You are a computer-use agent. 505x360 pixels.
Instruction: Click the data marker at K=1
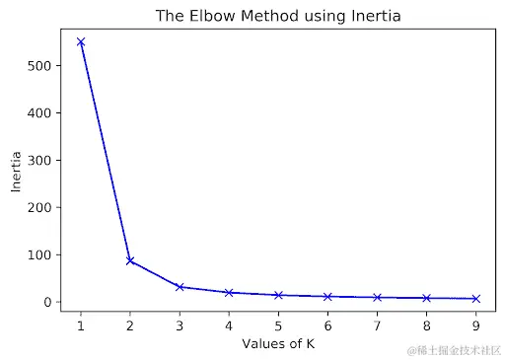pos(81,42)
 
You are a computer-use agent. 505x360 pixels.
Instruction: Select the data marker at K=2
pos(130,260)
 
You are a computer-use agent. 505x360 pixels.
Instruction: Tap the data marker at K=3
pos(180,287)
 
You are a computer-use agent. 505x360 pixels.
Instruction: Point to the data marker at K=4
pos(229,293)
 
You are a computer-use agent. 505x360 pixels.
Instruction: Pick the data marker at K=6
pos(327,296)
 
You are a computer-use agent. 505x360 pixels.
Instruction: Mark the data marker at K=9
pos(475,298)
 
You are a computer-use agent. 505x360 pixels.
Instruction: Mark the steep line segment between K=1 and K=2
pos(106,152)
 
